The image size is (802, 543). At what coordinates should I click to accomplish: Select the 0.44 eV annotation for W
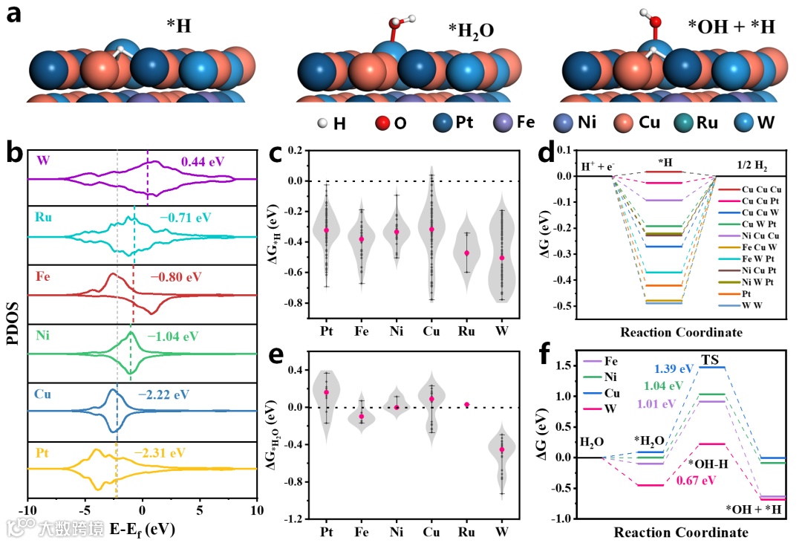tap(203, 160)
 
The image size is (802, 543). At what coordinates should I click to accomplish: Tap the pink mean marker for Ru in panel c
tap(467, 253)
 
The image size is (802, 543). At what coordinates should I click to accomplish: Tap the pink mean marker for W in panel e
tap(502, 449)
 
